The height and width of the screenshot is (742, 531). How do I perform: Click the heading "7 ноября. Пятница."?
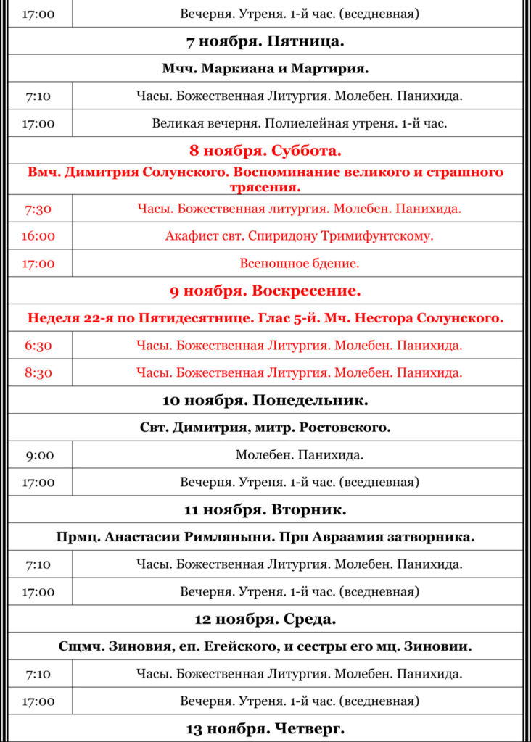(265, 41)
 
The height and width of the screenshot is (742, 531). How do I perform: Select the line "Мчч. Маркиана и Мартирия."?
(265, 69)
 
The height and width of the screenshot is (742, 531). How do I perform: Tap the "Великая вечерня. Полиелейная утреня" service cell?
(299, 123)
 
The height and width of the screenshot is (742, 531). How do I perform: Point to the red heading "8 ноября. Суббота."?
(265, 151)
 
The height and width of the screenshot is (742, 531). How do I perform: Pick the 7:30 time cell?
(38, 209)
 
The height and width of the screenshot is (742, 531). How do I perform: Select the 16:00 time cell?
(38, 236)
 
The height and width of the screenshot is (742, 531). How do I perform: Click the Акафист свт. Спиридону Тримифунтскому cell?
(299, 236)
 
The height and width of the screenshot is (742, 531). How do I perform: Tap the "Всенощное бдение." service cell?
(299, 264)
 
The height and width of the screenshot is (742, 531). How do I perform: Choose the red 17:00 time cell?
(38, 264)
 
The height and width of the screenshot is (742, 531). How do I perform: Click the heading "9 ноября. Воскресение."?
(265, 291)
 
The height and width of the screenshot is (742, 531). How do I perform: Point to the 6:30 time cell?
(38, 346)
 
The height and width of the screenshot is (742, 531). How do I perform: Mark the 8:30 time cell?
(38, 373)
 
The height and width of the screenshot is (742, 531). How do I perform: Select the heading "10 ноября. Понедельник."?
(265, 400)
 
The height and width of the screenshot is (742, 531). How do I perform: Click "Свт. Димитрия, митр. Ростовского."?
(265, 428)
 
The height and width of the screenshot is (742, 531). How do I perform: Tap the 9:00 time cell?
(38, 455)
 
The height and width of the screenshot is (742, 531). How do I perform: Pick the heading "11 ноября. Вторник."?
(265, 510)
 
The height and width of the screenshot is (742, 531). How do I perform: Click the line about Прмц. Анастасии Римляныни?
(265, 537)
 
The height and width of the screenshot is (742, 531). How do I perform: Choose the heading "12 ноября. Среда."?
(265, 620)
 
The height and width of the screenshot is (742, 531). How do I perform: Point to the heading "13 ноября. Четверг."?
(265, 728)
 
